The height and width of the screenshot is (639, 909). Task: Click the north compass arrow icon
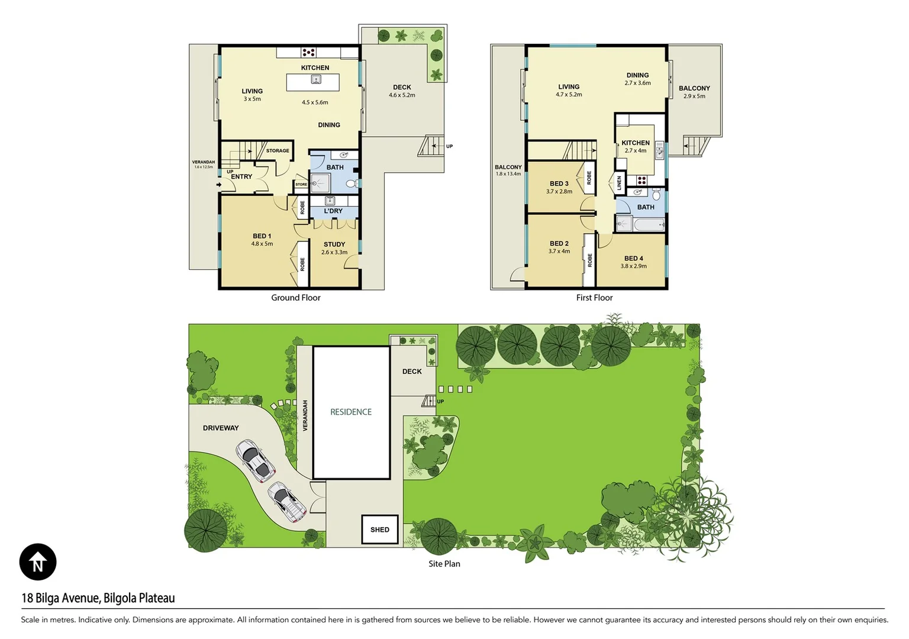(38, 561)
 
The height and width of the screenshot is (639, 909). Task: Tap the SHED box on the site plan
(379, 529)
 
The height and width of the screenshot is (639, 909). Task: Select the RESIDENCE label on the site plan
(351, 412)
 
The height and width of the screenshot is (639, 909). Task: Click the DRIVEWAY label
(221, 428)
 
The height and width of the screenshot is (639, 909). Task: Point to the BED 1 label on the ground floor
(262, 236)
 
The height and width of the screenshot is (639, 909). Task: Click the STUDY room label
(334, 244)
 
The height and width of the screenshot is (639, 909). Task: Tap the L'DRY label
(333, 211)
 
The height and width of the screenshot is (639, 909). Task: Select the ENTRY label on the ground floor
(241, 176)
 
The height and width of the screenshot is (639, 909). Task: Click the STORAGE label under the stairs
(278, 151)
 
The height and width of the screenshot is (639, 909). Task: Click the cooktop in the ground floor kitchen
(308, 52)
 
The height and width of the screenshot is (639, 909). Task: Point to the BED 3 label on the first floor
(559, 183)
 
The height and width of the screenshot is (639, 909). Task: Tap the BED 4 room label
(633, 259)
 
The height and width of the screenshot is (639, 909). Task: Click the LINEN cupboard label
(619, 183)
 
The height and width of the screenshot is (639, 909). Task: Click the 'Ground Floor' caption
(296, 298)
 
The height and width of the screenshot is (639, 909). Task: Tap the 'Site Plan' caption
(444, 564)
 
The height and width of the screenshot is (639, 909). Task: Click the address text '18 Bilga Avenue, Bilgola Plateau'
(98, 598)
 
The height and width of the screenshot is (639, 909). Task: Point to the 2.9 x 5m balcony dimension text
(694, 96)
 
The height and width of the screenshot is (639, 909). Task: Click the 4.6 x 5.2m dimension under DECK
(402, 95)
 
